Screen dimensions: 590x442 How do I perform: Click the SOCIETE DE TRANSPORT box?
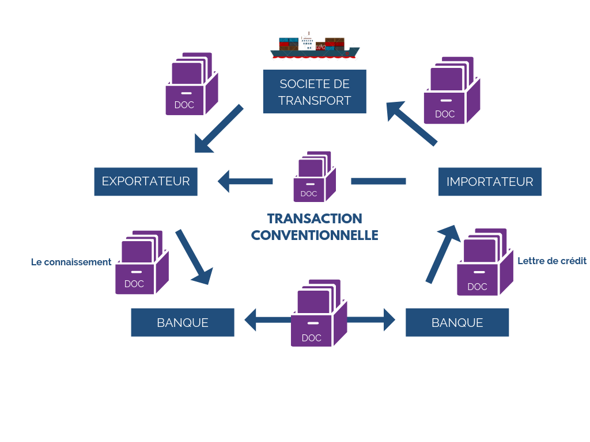315,92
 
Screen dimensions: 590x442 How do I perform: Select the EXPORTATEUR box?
146,181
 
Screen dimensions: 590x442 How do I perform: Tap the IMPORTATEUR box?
490,181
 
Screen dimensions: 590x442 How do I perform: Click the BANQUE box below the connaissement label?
183,322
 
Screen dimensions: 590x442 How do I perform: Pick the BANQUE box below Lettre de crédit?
457,322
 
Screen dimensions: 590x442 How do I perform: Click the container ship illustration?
315,46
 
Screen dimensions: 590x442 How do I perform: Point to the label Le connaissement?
71,262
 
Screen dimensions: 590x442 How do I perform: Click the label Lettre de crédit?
552,261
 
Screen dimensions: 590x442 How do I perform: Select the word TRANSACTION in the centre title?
315,218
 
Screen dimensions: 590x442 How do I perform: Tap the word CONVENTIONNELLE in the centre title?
315,235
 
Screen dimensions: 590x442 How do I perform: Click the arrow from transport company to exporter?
218,129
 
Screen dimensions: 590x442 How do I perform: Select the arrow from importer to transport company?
412,123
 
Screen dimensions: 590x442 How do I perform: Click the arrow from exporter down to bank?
194,257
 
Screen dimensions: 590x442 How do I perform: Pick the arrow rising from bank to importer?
443,254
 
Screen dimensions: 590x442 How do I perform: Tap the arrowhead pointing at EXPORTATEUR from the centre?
224,181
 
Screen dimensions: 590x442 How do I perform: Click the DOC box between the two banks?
319,313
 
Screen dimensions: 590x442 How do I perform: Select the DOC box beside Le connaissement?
142,262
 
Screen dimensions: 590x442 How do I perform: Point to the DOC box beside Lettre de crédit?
485,262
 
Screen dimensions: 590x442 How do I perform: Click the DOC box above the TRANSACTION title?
315,177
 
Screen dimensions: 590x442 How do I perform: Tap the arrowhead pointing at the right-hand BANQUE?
389,320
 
